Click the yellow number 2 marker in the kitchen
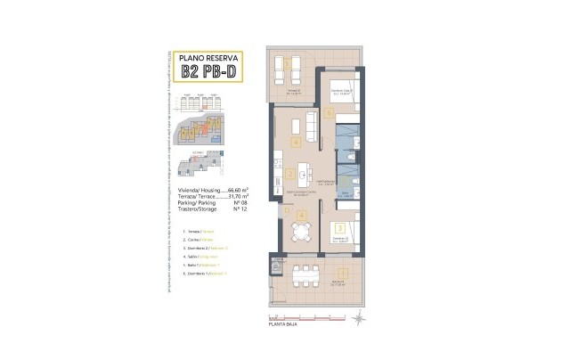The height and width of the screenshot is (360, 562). pos(289,175)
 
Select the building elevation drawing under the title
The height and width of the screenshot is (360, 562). pos(205,98)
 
